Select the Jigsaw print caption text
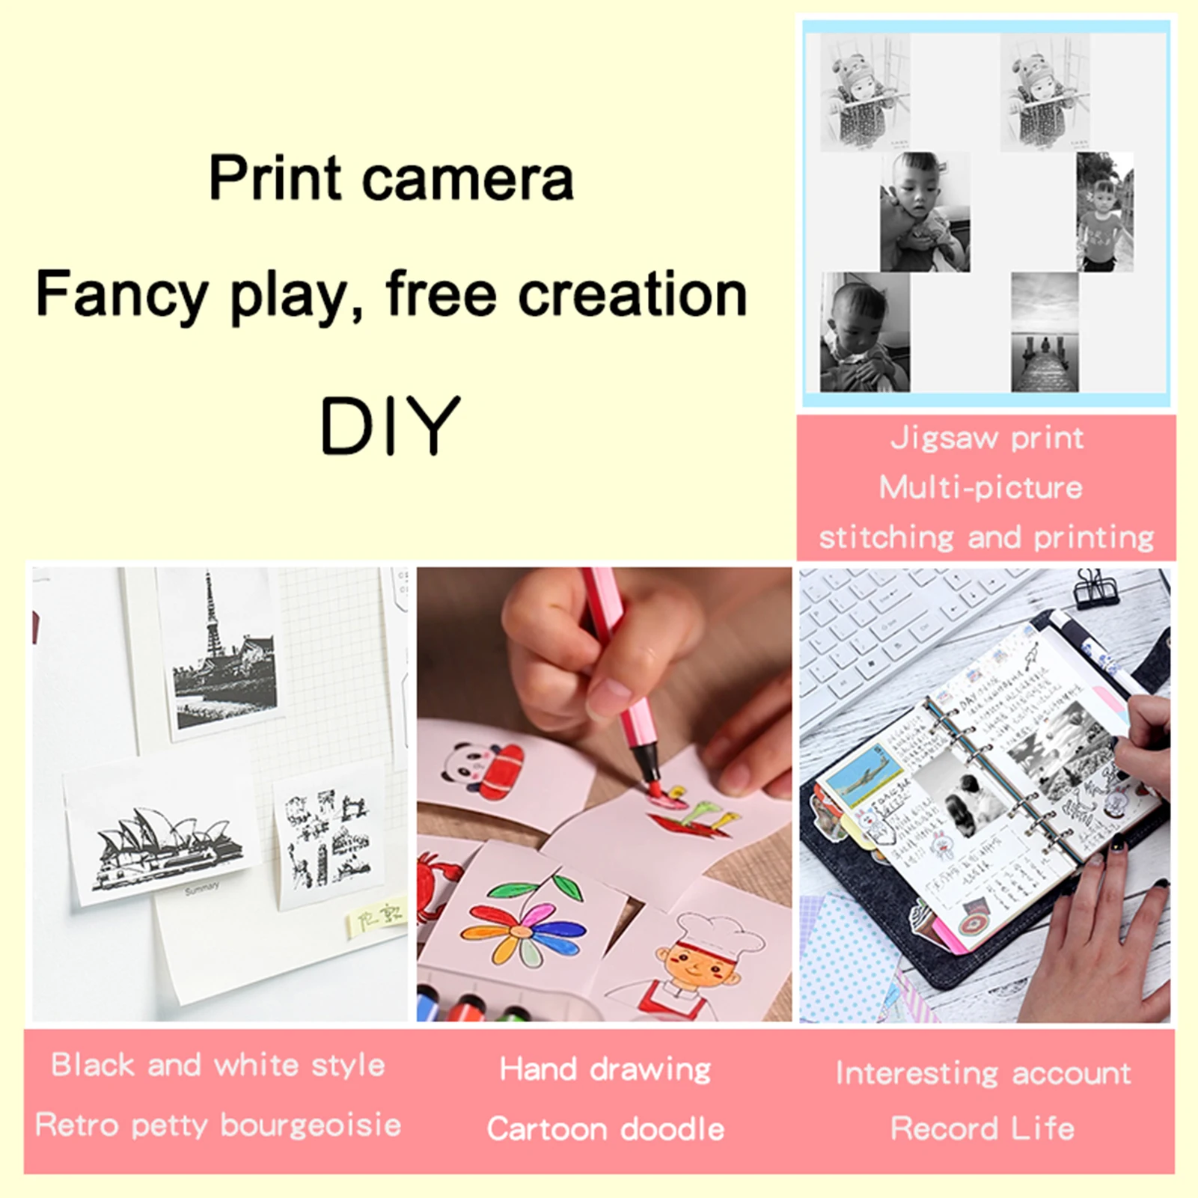[986, 438]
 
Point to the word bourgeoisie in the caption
[311, 1125]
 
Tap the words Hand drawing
[605, 1069]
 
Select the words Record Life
[982, 1128]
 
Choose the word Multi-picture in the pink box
[980, 488]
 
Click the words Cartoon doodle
[605, 1128]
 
